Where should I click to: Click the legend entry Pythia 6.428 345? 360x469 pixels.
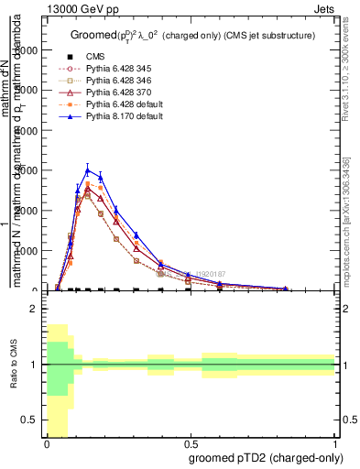pyautogui.click(x=111, y=69)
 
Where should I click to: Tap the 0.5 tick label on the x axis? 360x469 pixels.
pyautogui.click(x=191, y=443)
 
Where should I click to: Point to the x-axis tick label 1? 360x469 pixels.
pyautogui.click(x=335, y=443)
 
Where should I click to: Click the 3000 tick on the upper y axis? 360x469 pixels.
pyautogui.click(x=27, y=170)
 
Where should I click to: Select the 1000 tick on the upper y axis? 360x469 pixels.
pyautogui.click(x=27, y=250)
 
